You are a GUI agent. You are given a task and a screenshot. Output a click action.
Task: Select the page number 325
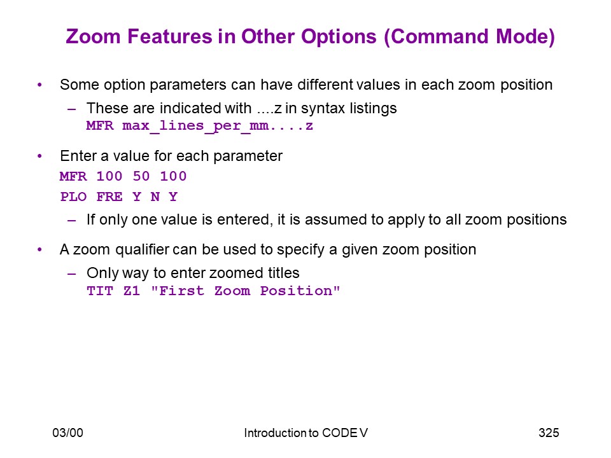click(x=549, y=433)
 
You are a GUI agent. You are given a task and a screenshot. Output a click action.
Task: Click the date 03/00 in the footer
click(x=68, y=433)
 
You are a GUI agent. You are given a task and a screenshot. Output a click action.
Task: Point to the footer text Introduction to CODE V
click(x=305, y=433)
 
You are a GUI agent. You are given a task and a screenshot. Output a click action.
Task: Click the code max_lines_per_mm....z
click(x=218, y=126)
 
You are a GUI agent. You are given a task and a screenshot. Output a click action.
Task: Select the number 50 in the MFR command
click(x=141, y=176)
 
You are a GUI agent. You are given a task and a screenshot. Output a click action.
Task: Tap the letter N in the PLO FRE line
click(x=155, y=197)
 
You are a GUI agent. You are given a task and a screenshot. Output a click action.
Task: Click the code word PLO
click(x=73, y=197)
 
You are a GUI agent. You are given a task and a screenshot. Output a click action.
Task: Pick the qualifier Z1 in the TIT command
click(x=132, y=291)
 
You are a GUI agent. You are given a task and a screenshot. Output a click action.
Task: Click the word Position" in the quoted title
click(x=300, y=291)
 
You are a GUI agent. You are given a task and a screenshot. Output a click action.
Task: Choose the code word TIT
click(x=100, y=291)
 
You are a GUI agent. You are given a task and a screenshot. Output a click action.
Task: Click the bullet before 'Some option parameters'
click(x=39, y=85)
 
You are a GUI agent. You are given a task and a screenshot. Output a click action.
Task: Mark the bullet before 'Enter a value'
click(x=39, y=156)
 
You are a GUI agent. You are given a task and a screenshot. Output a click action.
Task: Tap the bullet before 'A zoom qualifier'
click(x=39, y=249)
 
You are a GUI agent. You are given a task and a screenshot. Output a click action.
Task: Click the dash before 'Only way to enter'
click(x=72, y=274)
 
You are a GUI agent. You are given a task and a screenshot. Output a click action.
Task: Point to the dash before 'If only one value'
click(x=72, y=221)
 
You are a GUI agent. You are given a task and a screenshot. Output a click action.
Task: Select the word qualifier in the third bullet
click(x=142, y=249)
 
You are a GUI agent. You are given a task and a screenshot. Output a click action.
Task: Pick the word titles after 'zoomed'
click(x=283, y=273)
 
